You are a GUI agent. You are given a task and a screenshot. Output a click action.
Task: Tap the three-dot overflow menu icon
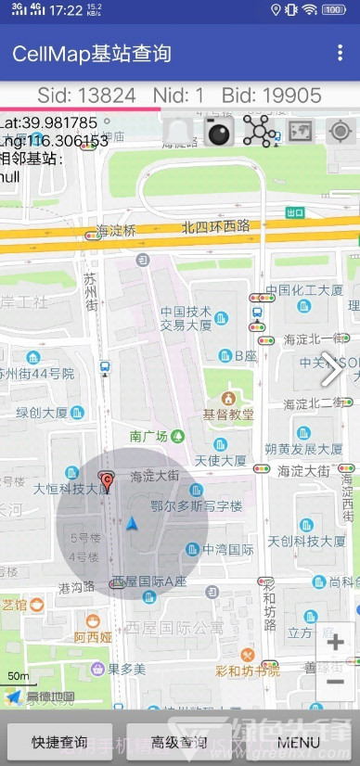click(341, 53)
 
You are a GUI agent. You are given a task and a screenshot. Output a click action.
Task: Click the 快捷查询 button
click(60, 742)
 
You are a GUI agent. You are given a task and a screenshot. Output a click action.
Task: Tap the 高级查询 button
click(179, 742)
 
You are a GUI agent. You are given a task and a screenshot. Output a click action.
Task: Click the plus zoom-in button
click(336, 643)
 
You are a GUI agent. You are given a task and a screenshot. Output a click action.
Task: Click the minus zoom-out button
click(336, 683)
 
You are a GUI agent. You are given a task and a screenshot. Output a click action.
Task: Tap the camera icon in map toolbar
click(219, 133)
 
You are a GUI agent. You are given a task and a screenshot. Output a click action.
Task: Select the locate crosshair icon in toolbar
click(341, 132)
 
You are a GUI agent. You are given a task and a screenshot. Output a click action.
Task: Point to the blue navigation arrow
click(133, 524)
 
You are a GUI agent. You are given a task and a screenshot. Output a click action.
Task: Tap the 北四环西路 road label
click(215, 225)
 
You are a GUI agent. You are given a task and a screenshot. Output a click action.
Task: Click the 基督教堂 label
click(228, 414)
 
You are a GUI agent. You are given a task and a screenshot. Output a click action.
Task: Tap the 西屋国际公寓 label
click(175, 628)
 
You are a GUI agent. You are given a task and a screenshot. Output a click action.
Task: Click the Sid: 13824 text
click(86, 96)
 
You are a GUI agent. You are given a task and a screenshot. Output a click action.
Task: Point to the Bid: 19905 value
click(272, 96)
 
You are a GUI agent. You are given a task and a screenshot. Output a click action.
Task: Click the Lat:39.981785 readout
click(48, 122)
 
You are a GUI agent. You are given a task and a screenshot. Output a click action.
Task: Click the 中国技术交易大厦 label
click(186, 318)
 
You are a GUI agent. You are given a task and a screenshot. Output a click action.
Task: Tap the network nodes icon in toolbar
click(259, 133)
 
